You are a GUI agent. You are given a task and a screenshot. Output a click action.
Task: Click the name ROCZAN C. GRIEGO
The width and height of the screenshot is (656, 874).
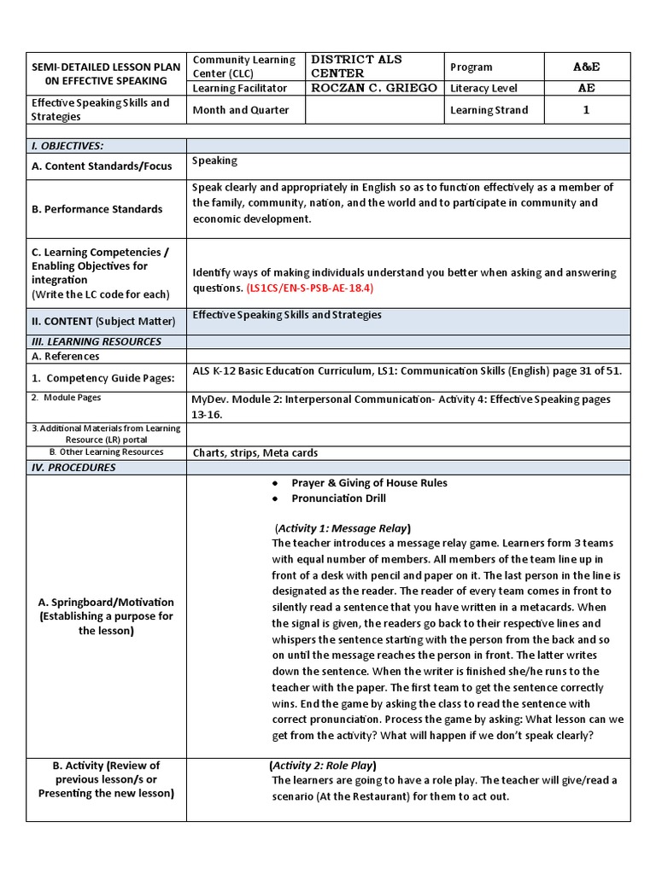(x=374, y=88)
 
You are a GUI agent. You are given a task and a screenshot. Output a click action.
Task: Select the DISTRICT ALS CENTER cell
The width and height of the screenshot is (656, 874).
(x=356, y=67)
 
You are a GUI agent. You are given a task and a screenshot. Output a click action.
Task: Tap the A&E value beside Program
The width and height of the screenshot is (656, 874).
(x=586, y=67)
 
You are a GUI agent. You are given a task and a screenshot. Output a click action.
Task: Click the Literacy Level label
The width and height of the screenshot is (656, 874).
(x=483, y=88)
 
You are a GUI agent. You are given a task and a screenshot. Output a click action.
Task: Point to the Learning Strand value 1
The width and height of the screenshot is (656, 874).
(x=586, y=110)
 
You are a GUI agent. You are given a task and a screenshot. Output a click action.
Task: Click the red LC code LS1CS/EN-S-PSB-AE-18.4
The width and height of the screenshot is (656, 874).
(x=310, y=288)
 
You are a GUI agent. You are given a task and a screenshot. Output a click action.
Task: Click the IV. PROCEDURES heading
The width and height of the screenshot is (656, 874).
(x=73, y=468)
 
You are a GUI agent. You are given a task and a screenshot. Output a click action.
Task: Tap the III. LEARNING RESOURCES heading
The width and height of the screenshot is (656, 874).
(x=96, y=341)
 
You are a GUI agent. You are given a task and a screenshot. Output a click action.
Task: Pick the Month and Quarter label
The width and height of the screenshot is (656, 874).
(x=241, y=110)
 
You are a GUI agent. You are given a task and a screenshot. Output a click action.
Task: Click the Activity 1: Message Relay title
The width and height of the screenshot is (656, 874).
(x=343, y=527)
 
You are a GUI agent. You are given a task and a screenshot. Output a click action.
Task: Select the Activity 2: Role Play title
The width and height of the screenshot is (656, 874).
(x=323, y=765)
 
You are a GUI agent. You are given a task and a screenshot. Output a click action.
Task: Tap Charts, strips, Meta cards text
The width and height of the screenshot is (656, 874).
(x=254, y=452)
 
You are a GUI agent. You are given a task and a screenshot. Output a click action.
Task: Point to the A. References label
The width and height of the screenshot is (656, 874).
(x=65, y=356)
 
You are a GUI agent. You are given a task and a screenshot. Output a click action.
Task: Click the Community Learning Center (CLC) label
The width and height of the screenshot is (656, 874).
(x=244, y=67)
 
